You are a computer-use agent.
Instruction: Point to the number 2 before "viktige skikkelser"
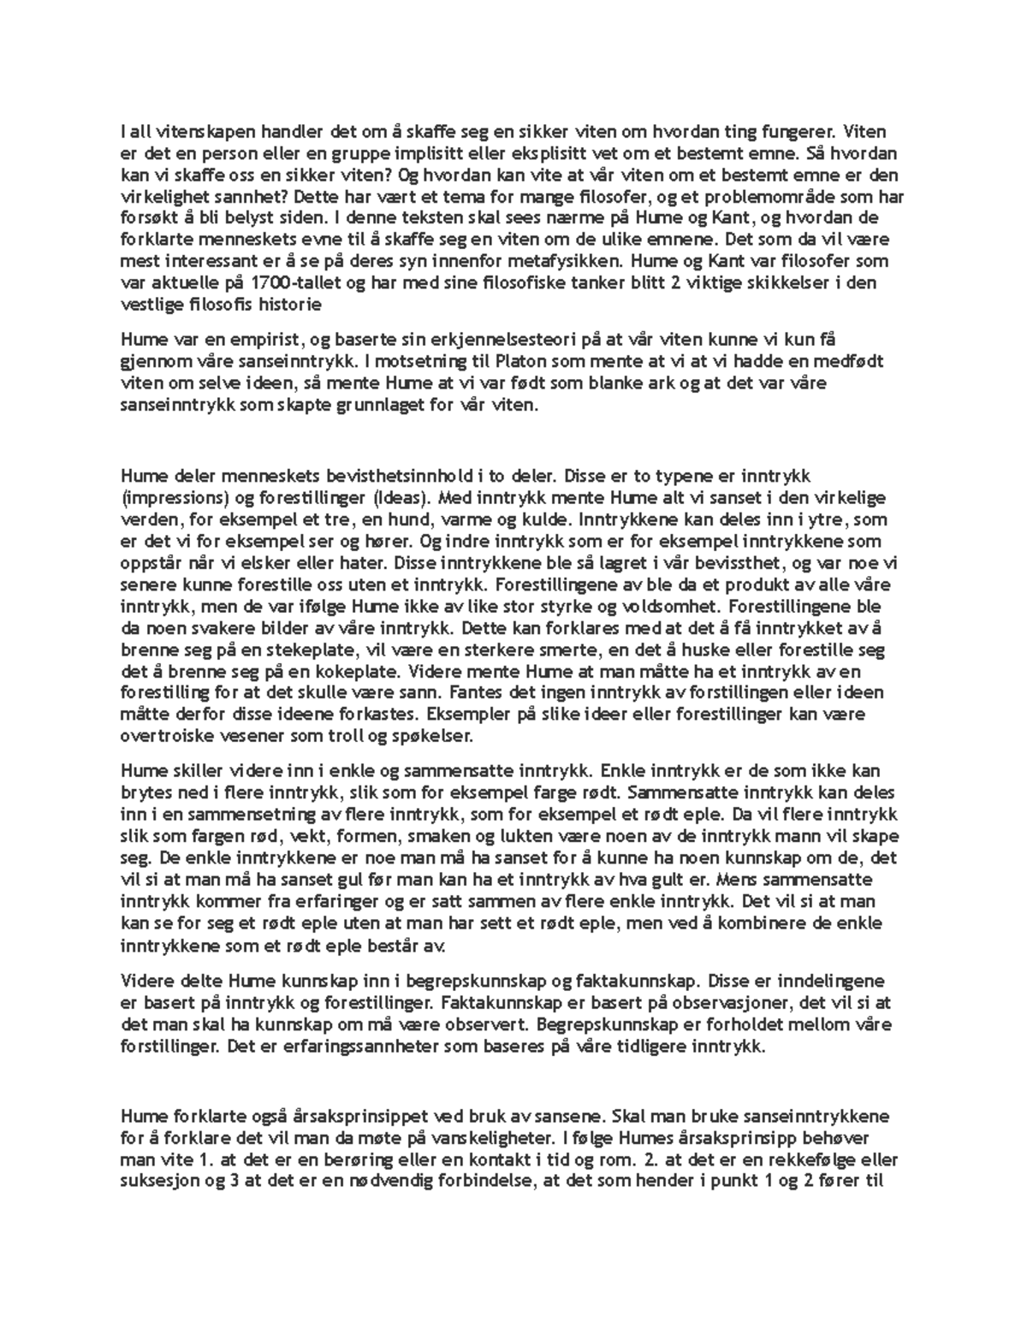(677, 283)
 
